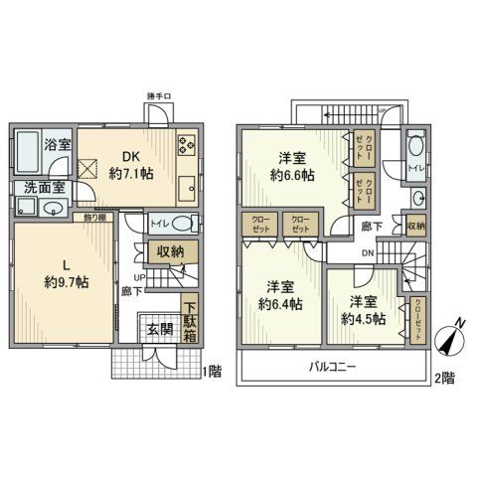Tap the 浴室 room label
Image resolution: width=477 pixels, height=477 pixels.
tap(55, 144)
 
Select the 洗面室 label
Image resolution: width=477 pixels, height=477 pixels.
tap(38, 186)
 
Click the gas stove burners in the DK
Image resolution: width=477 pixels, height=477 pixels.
tap(186, 145)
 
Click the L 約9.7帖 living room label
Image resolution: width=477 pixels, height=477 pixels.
tap(66, 271)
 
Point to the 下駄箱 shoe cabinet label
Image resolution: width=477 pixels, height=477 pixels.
tap(189, 317)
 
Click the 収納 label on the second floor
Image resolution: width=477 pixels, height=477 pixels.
tap(415, 226)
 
